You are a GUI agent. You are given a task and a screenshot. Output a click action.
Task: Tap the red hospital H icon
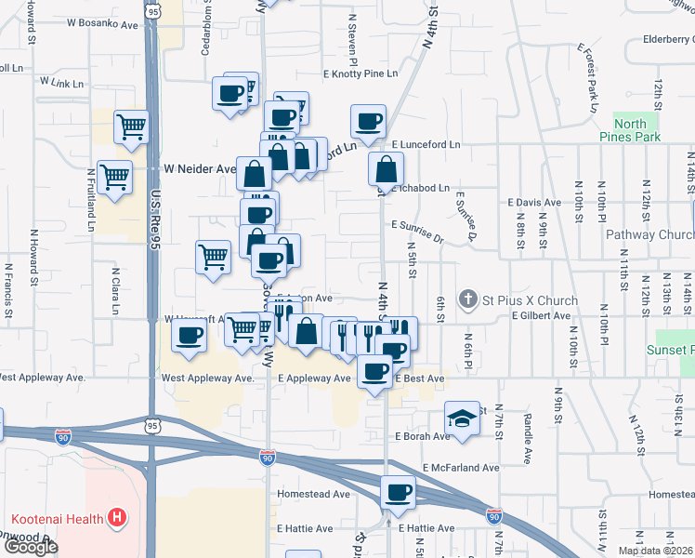[117, 516]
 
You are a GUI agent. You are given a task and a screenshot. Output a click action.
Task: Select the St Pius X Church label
[530, 300]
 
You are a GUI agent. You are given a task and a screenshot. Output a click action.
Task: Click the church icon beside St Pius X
[468, 299]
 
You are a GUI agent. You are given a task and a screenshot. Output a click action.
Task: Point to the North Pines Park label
[636, 130]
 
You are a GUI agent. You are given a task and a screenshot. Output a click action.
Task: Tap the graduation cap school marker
[461, 418]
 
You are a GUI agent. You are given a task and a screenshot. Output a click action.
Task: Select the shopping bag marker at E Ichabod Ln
[386, 168]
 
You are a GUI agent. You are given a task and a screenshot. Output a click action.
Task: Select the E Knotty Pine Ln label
[360, 73]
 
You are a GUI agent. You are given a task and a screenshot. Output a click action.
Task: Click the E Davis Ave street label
[534, 202]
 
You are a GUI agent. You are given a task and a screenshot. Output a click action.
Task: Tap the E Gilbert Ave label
[541, 316]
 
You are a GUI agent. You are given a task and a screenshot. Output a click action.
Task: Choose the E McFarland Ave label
[461, 467]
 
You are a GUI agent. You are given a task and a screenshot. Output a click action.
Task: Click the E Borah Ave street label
[423, 436]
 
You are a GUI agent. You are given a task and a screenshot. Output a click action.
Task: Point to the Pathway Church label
[649, 235]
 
